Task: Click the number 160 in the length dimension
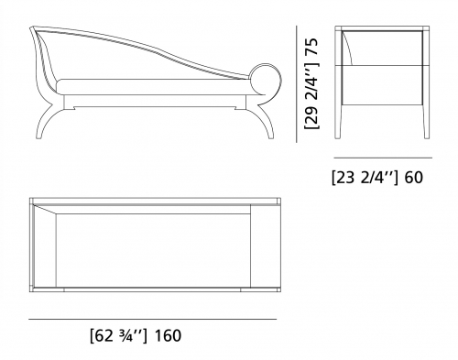tap(168, 335)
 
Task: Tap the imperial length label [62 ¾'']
tap(119, 336)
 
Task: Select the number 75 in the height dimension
tap(311, 47)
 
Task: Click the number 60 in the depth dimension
tap(414, 178)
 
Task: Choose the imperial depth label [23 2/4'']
tap(365, 178)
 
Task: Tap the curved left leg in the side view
tap(48, 121)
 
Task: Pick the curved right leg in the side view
tap(267, 121)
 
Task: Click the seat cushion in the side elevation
tap(154, 86)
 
